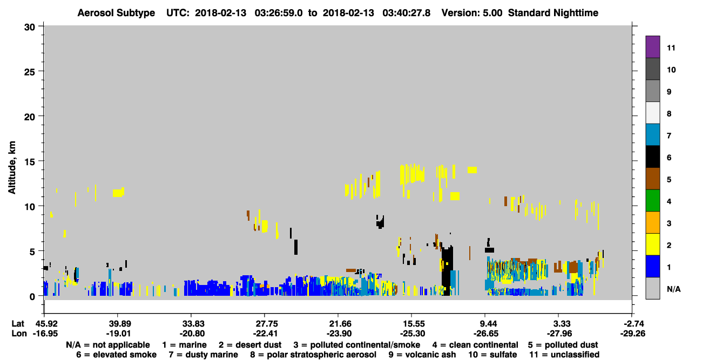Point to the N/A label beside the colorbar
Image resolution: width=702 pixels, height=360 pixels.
(673, 289)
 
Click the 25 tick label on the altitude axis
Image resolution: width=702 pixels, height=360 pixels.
(30, 72)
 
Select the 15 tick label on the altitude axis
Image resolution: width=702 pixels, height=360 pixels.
(30, 162)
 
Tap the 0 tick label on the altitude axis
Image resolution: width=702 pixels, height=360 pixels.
(32, 297)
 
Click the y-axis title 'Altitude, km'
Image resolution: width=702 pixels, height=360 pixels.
(11, 168)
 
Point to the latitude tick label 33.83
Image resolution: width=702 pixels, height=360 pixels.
(192, 324)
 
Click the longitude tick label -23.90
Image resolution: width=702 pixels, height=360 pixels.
(339, 334)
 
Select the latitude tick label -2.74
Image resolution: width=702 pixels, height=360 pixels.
(633, 324)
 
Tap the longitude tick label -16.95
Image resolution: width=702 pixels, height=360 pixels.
(45, 334)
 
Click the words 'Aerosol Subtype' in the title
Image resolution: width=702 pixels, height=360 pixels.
(116, 13)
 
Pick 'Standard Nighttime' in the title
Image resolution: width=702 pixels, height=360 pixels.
(553, 13)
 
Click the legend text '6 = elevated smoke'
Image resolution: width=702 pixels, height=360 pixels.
(116, 355)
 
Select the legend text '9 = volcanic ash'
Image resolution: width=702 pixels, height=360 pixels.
(422, 355)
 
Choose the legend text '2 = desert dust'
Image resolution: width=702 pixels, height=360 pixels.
(250, 345)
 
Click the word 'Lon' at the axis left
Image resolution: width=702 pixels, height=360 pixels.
(19, 334)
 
